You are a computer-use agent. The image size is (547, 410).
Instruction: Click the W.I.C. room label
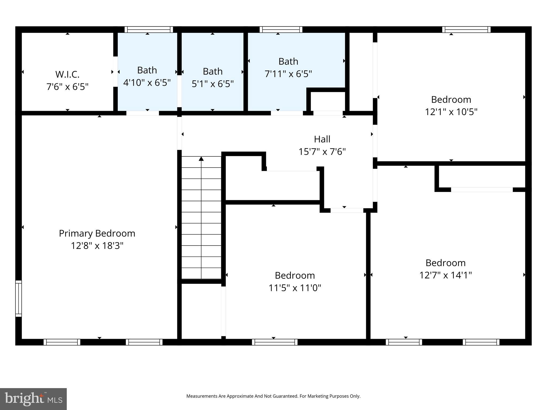[67, 74]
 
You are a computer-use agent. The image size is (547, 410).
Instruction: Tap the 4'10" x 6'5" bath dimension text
[147, 82]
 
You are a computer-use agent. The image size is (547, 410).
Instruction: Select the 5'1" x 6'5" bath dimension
[213, 84]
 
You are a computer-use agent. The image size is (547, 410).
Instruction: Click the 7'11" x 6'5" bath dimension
[288, 74]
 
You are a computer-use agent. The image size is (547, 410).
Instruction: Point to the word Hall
[322, 139]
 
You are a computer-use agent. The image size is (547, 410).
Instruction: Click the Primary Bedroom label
[97, 233]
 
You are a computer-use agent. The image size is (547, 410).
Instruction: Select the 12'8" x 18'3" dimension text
[97, 246]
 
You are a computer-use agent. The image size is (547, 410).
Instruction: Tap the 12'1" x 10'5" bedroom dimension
[451, 112]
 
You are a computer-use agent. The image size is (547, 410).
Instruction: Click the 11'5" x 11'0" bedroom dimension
[295, 288]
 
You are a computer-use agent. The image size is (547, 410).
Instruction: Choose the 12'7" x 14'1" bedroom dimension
[445, 275]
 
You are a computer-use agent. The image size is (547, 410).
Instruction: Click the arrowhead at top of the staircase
[201, 159]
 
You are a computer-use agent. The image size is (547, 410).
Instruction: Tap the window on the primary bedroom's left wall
[18, 298]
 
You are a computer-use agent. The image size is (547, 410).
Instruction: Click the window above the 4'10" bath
[149, 29]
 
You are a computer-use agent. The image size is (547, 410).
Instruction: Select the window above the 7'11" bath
[281, 29]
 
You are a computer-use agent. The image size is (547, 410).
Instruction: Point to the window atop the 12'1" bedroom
[466, 29]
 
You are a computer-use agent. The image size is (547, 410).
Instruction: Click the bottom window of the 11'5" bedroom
[275, 342]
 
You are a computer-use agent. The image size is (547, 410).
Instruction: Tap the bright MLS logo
[33, 399]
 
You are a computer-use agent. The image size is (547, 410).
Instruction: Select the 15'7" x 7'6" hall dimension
[322, 152]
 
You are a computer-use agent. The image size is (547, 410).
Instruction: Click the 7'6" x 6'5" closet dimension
[67, 87]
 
